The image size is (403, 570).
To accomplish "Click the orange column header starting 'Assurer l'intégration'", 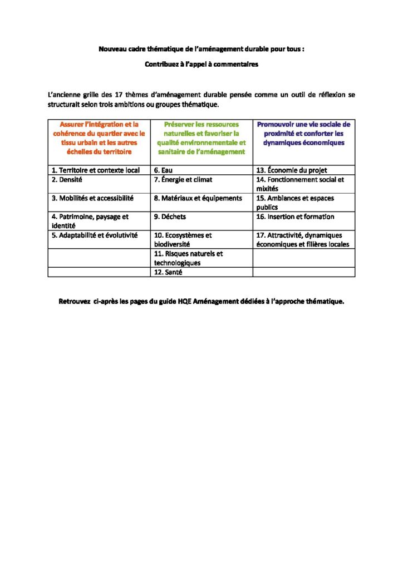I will click(99, 138).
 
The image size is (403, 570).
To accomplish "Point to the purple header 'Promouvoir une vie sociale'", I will click(303, 134).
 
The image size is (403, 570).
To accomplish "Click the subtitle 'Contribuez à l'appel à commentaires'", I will click(202, 65).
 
